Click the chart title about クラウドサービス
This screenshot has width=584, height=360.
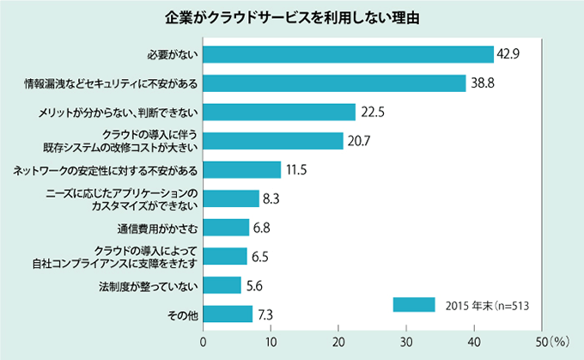point(291,17)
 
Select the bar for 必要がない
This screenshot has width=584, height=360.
point(348,54)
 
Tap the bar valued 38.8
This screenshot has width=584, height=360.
point(334,83)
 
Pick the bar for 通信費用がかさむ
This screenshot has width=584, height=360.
point(226,228)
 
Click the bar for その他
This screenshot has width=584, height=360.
point(228,314)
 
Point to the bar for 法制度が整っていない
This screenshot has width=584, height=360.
point(222,285)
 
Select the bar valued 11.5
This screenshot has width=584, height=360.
point(242,170)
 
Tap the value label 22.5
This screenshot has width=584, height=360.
point(372,113)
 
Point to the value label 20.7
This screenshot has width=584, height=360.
point(360,142)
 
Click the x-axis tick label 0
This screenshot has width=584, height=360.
point(204,342)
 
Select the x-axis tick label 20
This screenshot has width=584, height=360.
point(338,342)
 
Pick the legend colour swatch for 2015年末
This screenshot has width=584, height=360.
point(414,304)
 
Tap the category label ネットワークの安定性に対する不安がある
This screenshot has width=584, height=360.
point(106,170)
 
